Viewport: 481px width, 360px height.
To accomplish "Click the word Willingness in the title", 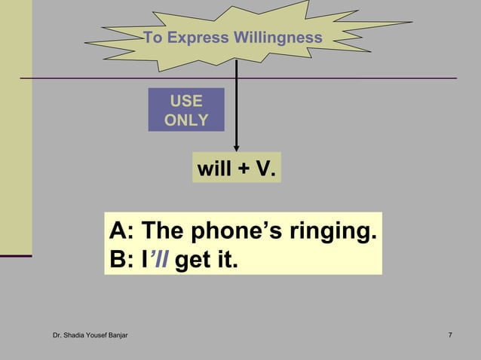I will pyautogui.click(x=277, y=38).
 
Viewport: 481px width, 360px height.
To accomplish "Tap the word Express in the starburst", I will pyautogui.click(x=199, y=38).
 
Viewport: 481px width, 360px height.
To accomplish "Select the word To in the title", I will pyautogui.click(x=152, y=38).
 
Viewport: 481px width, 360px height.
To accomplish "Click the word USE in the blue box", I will pyautogui.click(x=185, y=101).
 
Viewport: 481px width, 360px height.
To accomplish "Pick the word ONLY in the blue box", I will pyautogui.click(x=185, y=120).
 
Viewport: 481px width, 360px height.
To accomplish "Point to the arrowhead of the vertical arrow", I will pyautogui.click(x=237, y=148).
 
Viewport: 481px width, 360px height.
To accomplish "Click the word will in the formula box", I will pyautogui.click(x=214, y=169).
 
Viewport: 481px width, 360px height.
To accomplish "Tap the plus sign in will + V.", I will pyautogui.click(x=244, y=170).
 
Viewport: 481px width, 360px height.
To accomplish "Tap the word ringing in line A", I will pyautogui.click(x=332, y=232).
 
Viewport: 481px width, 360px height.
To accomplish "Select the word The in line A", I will pyautogui.click(x=162, y=230).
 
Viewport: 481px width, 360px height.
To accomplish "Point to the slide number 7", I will pyautogui.click(x=450, y=334).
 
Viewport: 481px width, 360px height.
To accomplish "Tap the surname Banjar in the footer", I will pyautogui.click(x=115, y=334).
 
